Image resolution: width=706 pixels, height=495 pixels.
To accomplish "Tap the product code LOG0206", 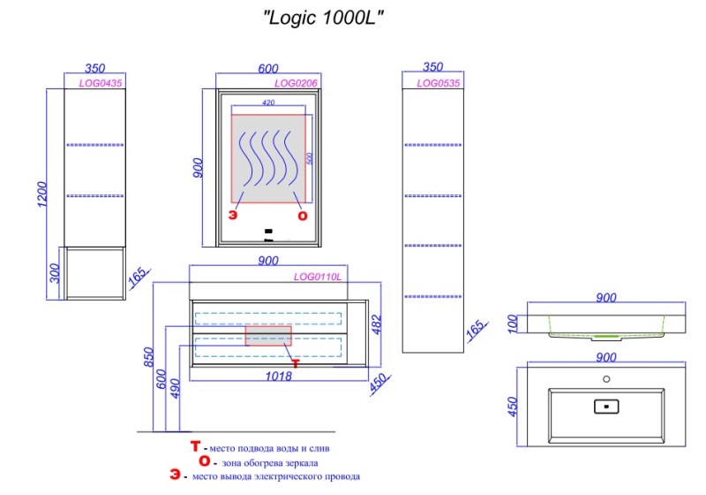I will (x=295, y=83).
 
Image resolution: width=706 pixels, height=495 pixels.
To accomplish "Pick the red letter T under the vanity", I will (x=296, y=363).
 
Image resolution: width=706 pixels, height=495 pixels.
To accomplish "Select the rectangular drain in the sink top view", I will (x=607, y=407).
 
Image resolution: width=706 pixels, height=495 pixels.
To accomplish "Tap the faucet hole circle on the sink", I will (x=606, y=379).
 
